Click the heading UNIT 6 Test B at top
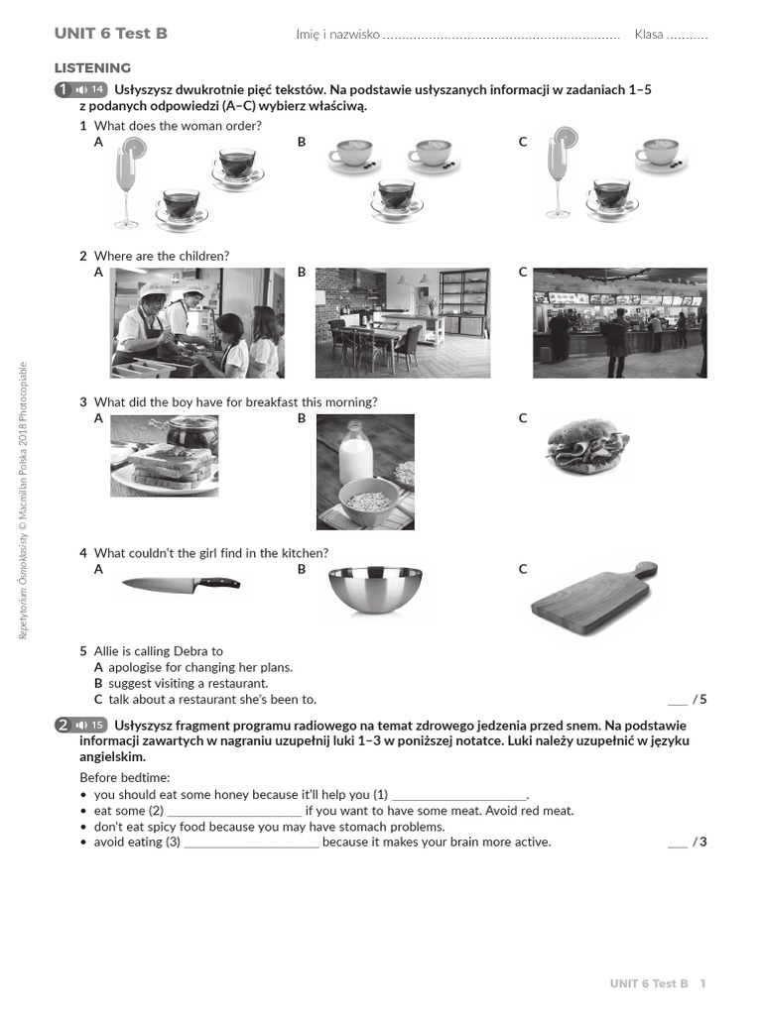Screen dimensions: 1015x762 coord(110,34)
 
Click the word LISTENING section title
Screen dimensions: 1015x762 coord(92,68)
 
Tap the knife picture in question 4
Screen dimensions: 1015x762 coord(181,584)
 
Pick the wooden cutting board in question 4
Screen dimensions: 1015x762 coord(593,598)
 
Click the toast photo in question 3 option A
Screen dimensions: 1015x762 coord(164,456)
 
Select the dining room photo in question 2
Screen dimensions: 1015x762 coord(402,323)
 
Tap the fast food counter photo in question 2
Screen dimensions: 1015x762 coord(619,323)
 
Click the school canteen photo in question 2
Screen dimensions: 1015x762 coord(197,323)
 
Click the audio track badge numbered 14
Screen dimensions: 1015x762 coord(89,90)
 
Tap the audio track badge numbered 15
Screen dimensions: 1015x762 coord(89,725)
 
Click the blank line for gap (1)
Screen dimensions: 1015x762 coord(458,795)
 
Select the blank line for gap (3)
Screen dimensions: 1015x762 coord(251,843)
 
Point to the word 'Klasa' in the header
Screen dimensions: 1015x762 coord(649,35)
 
